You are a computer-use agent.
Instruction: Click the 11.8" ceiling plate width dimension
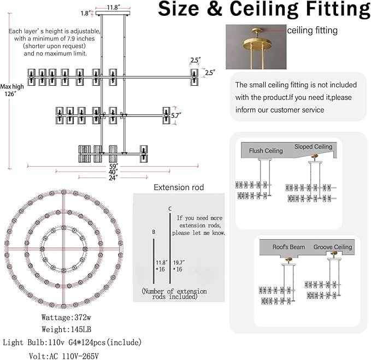(113, 7)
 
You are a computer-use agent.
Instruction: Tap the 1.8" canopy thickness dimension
(85, 13)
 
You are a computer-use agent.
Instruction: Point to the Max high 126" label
(12, 90)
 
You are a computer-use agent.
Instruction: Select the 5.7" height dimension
(176, 116)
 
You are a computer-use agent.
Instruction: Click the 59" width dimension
(113, 166)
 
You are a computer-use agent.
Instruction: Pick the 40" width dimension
(113, 172)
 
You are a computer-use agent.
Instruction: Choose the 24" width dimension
(113, 178)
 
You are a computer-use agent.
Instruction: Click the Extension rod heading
(179, 187)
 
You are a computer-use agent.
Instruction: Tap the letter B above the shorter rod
(154, 232)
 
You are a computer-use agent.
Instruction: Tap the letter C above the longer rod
(170, 209)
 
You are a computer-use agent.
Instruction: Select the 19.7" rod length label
(179, 263)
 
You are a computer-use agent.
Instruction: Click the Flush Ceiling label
(266, 151)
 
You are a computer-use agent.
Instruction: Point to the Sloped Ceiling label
(313, 146)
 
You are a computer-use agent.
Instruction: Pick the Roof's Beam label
(288, 247)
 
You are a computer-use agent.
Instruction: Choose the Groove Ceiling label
(333, 247)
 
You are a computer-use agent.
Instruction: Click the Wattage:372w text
(66, 317)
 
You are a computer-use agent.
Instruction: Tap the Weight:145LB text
(66, 329)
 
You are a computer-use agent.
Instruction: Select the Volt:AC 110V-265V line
(64, 356)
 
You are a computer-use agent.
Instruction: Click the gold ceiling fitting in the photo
(256, 43)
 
